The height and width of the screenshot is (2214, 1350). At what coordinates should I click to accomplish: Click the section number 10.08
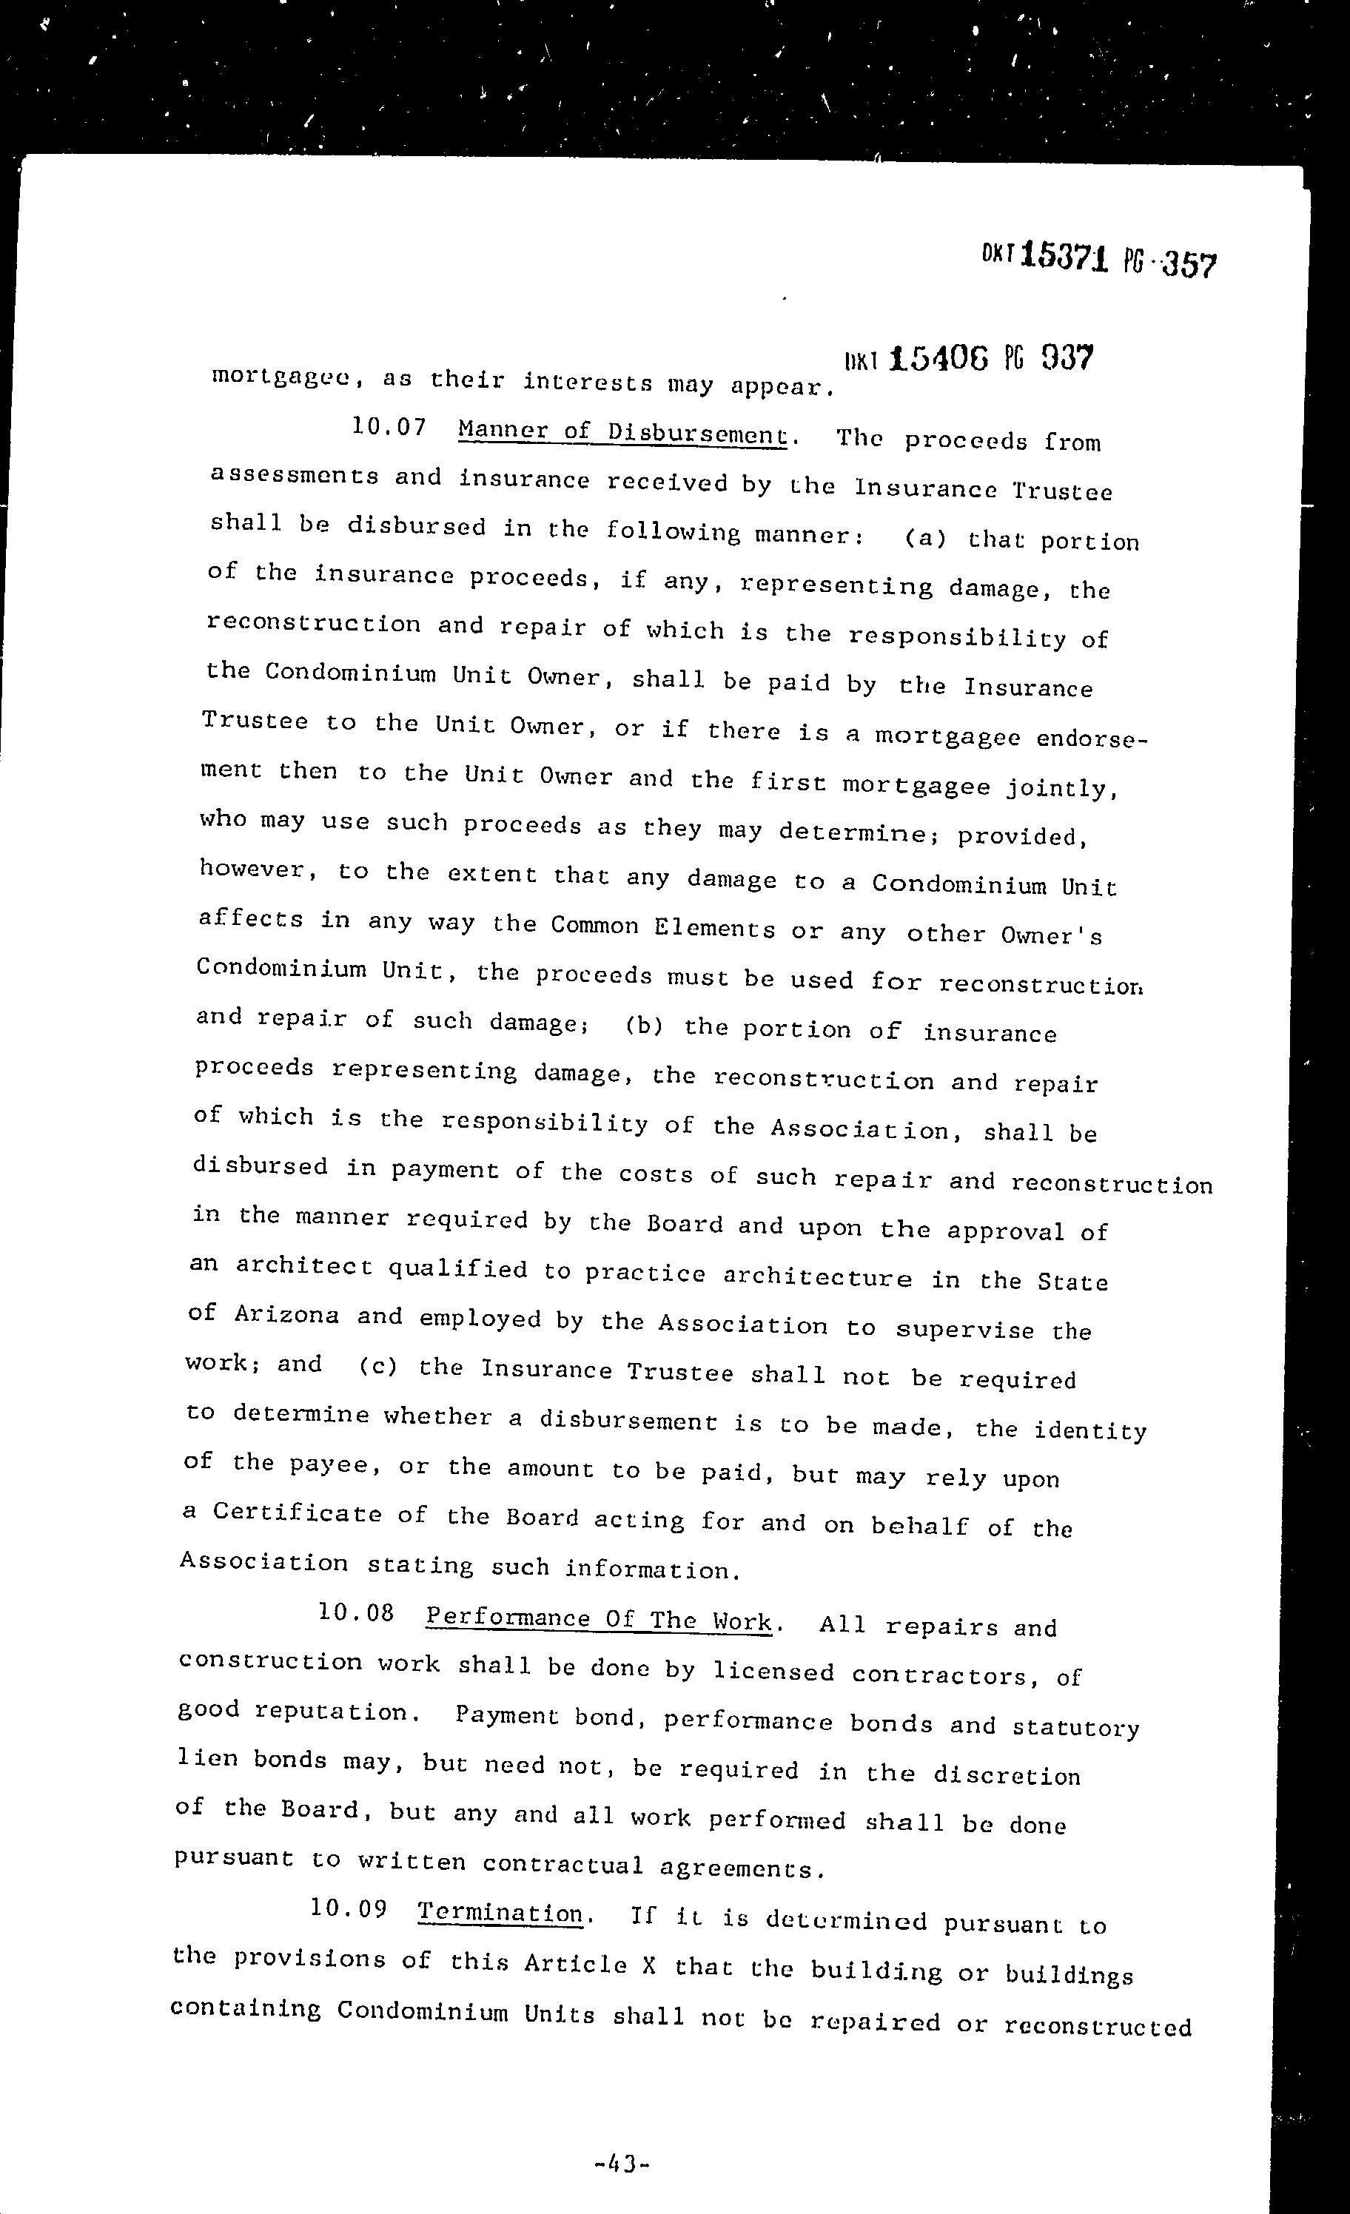click(x=356, y=1612)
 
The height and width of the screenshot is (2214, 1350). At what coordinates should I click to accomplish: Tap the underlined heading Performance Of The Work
click(x=599, y=1619)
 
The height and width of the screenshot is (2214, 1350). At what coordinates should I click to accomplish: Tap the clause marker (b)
click(x=643, y=1026)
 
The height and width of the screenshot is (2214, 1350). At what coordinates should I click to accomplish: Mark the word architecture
click(x=817, y=1277)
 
